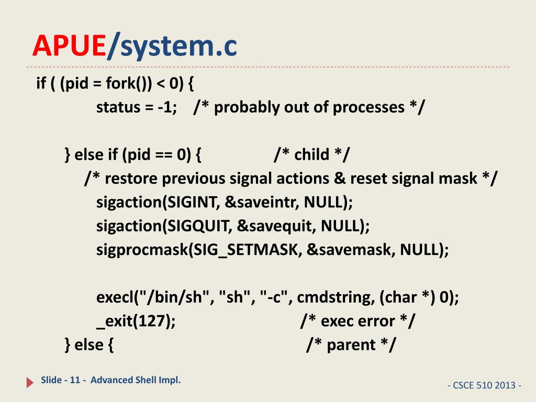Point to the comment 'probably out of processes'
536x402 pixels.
[309, 107]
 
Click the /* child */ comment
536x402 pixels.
[312, 155]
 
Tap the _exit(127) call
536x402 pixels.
[136, 321]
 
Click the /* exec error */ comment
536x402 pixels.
[359, 321]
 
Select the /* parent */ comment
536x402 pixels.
[351, 345]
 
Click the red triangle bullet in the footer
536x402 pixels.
[30, 383]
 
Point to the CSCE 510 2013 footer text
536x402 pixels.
[485, 386]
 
